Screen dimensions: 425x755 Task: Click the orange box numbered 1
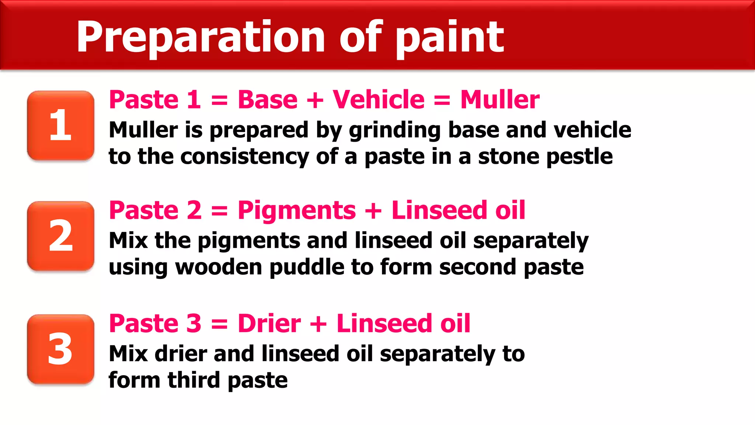point(60,125)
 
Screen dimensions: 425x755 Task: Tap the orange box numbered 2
point(60,236)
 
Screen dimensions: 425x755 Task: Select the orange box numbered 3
point(60,349)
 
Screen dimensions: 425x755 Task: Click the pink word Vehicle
point(378,100)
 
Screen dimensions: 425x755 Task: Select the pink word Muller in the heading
point(500,100)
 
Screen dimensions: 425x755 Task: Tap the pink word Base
point(268,100)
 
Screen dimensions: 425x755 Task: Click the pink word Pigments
point(297,210)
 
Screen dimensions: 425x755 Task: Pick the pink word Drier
point(269,324)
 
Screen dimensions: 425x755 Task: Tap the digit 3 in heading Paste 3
point(194,324)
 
